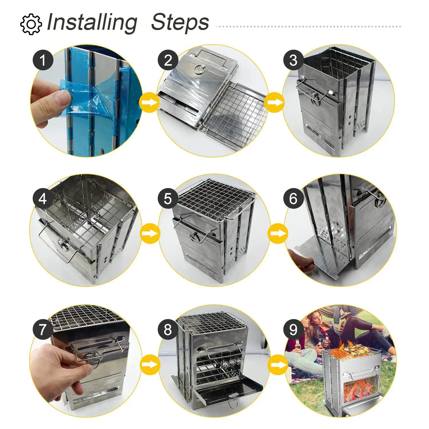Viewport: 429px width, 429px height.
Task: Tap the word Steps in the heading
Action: [180, 22]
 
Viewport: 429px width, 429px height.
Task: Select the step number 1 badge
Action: [43, 60]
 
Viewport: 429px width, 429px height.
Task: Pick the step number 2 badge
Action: [168, 60]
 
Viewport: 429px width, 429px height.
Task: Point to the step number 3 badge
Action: [294, 60]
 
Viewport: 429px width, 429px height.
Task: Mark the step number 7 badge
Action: [43, 329]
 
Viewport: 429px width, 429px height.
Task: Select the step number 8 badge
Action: [168, 329]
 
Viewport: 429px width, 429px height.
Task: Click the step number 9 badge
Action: [294, 329]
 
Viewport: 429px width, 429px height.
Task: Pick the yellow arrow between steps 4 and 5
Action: [150, 233]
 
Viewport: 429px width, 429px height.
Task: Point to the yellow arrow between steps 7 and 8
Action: [150, 364]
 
